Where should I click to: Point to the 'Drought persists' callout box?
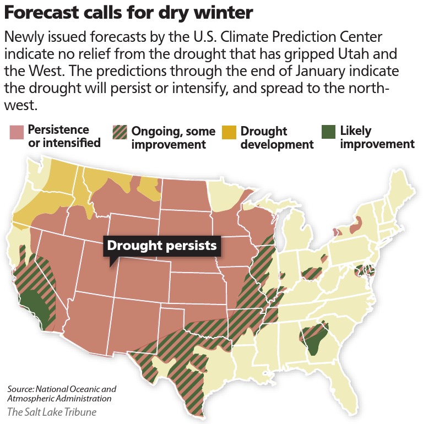(162, 246)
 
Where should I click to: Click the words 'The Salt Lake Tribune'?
(53, 411)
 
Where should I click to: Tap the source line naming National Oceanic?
(62, 393)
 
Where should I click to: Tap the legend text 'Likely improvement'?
(377, 138)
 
